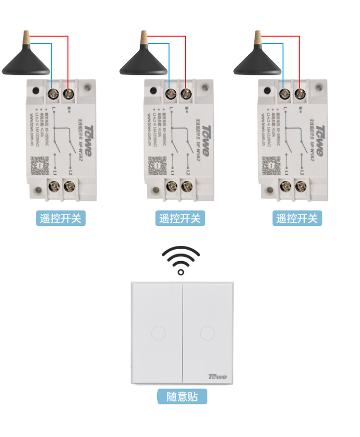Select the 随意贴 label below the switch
click(182, 397)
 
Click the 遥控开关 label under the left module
click(61, 218)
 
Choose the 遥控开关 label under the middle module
click(180, 218)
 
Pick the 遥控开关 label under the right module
click(297, 218)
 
